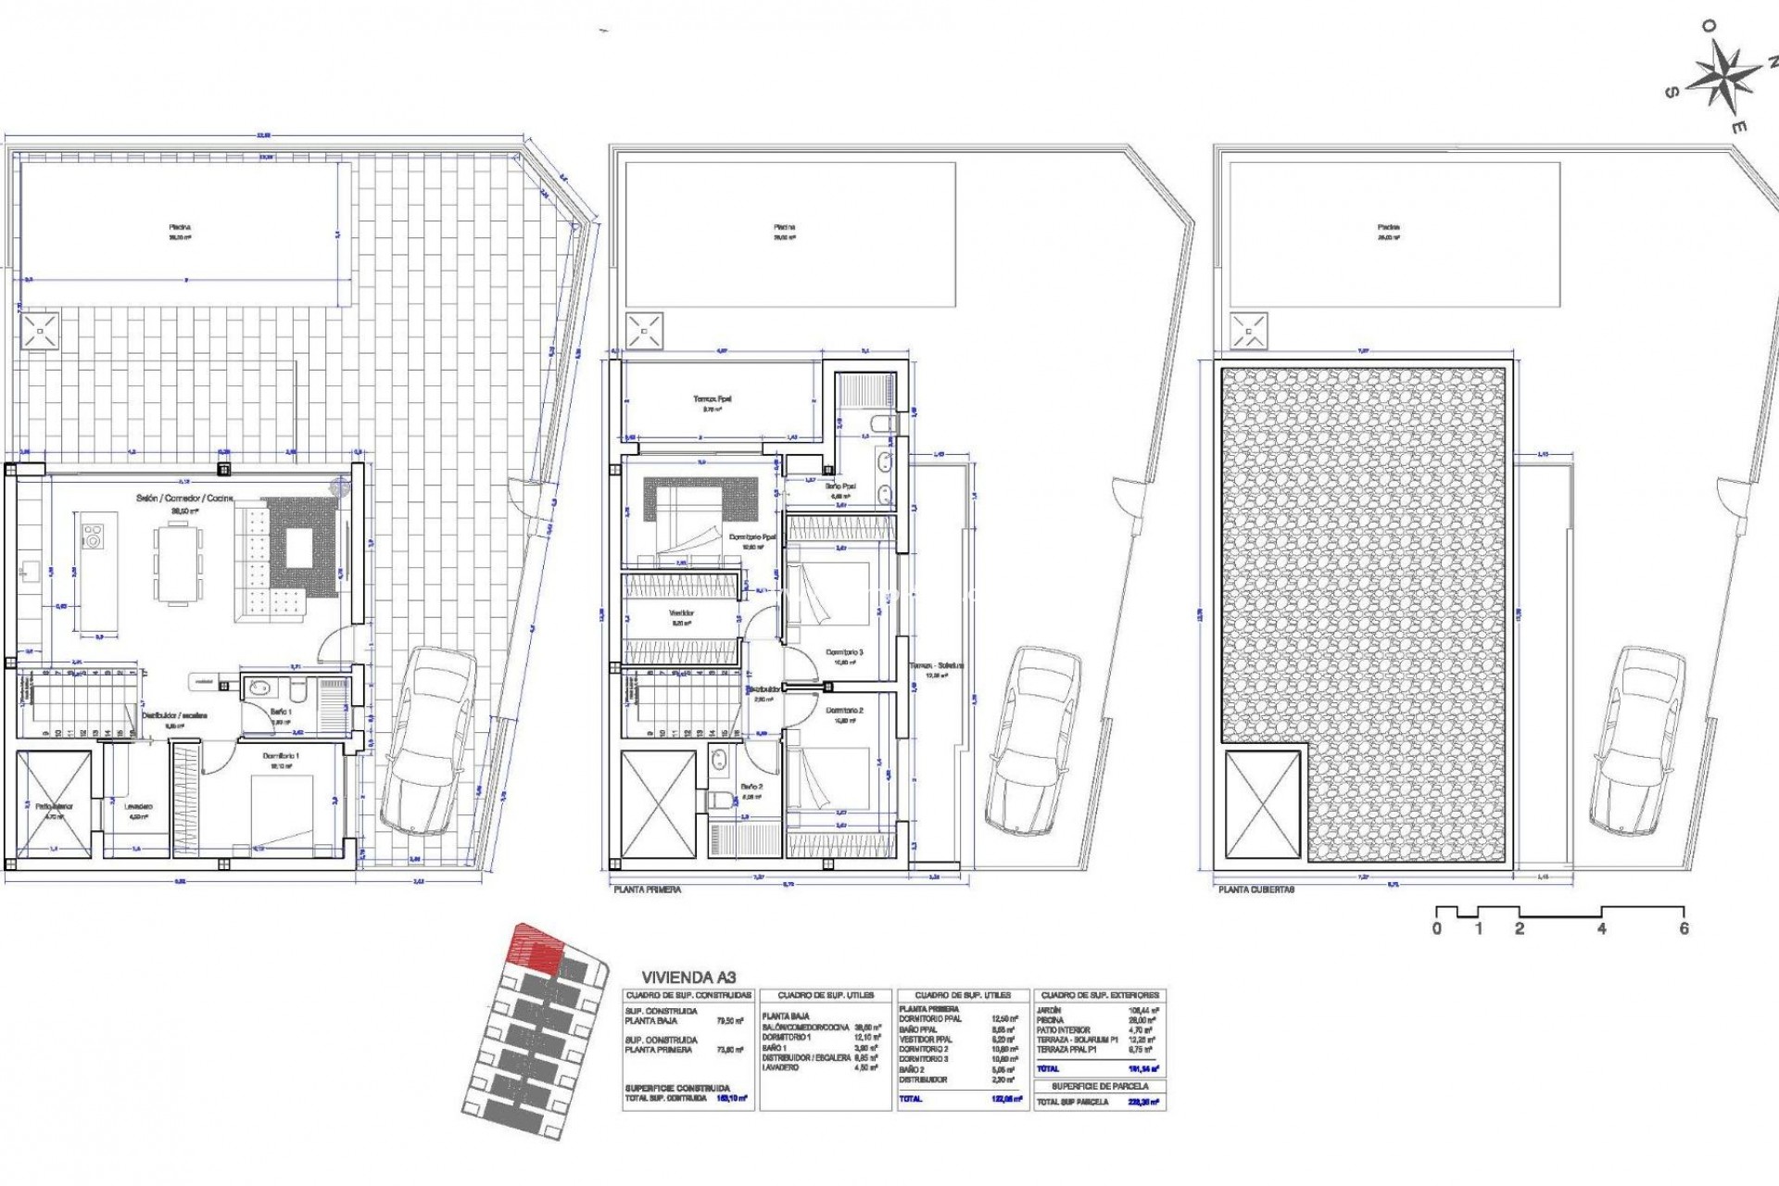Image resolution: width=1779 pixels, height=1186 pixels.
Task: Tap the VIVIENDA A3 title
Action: pyautogui.click(x=690, y=978)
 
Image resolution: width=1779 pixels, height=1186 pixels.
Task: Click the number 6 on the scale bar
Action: pyautogui.click(x=1684, y=929)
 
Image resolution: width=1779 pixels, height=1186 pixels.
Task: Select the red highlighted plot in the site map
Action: pyautogui.click(x=536, y=950)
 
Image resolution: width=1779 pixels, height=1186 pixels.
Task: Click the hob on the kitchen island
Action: pyautogui.click(x=94, y=536)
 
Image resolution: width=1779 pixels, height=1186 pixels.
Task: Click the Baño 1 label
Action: pyautogui.click(x=281, y=712)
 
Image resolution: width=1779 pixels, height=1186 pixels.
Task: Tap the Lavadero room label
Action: pyautogui.click(x=138, y=807)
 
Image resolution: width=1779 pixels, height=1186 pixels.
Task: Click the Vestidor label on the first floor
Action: pyautogui.click(x=682, y=613)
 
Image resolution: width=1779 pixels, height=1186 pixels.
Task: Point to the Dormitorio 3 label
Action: pyautogui.click(x=844, y=653)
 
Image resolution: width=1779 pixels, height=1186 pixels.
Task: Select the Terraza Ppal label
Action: pyautogui.click(x=712, y=400)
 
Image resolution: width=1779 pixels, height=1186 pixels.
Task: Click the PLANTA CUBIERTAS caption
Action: pyautogui.click(x=1256, y=889)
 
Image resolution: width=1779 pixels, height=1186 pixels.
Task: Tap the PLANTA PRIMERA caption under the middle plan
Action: pyautogui.click(x=647, y=889)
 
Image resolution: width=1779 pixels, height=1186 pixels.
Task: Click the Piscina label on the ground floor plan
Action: pyautogui.click(x=180, y=227)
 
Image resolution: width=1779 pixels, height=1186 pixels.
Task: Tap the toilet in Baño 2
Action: pyautogui.click(x=720, y=800)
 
